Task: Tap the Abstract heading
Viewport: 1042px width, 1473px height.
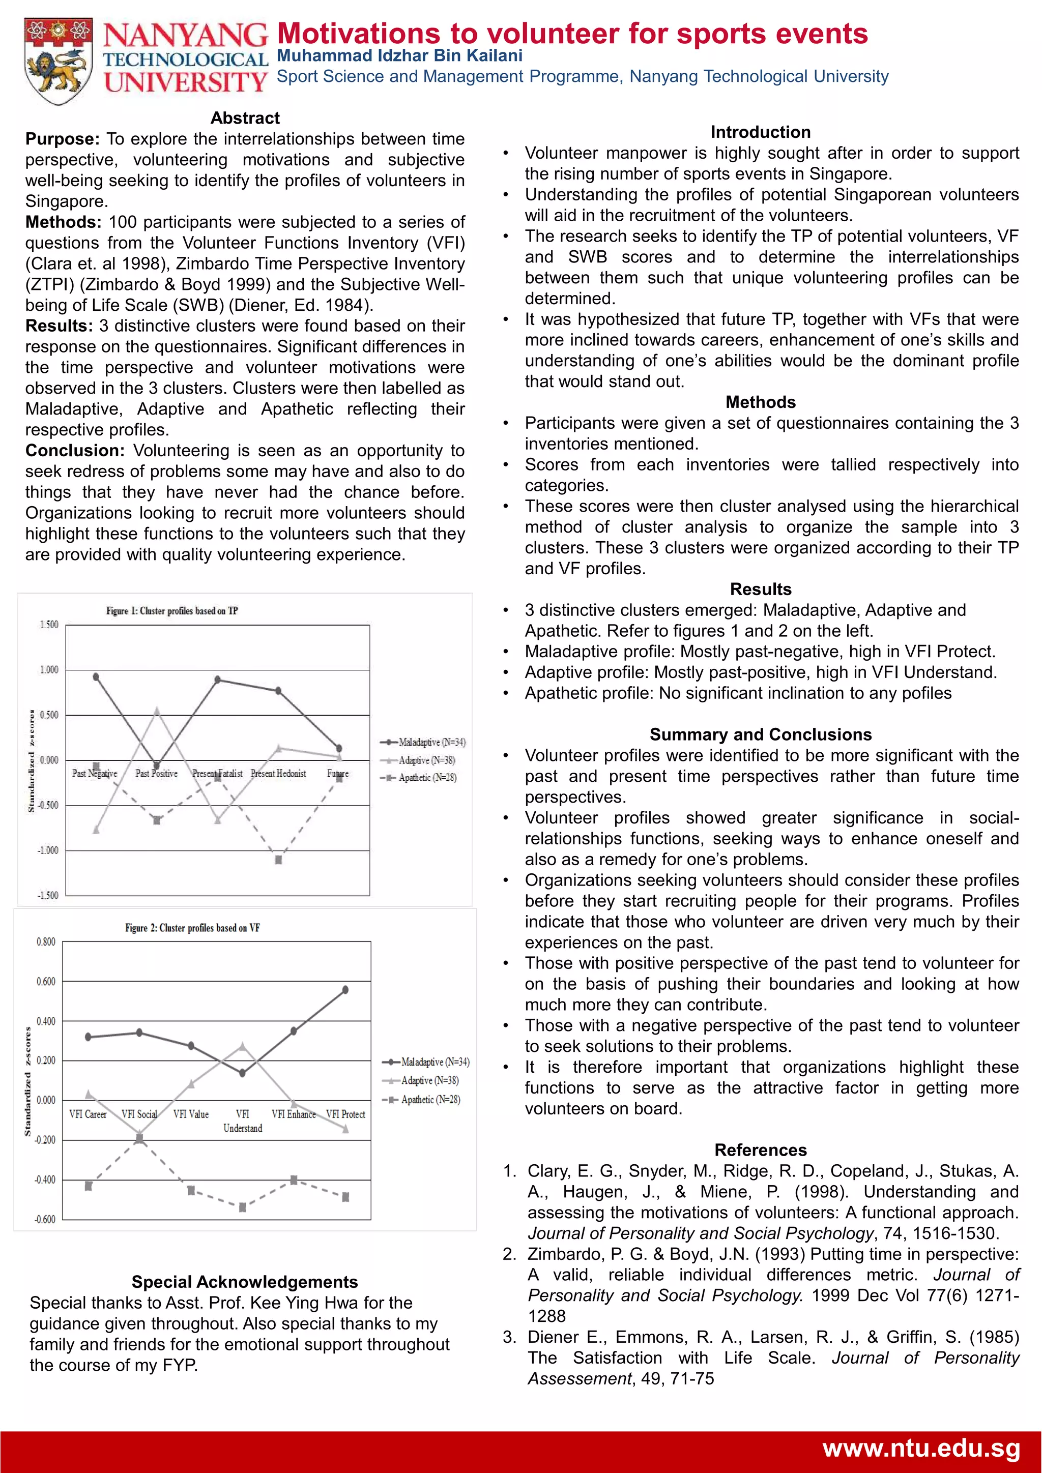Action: (245, 118)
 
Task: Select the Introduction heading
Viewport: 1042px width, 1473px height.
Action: (760, 132)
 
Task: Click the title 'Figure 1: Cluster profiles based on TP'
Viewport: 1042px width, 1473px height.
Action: (172, 611)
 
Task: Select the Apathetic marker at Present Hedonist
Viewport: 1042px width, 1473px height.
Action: (278, 860)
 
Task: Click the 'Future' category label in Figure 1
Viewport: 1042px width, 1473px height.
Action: (337, 774)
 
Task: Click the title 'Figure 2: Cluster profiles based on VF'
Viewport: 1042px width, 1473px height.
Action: (192, 928)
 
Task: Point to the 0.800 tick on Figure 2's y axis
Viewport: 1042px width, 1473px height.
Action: (46, 942)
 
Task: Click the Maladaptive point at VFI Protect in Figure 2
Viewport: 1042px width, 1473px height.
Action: (345, 990)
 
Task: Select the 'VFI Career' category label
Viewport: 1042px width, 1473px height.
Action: (88, 1114)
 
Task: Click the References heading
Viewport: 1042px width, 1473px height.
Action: (760, 1150)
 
